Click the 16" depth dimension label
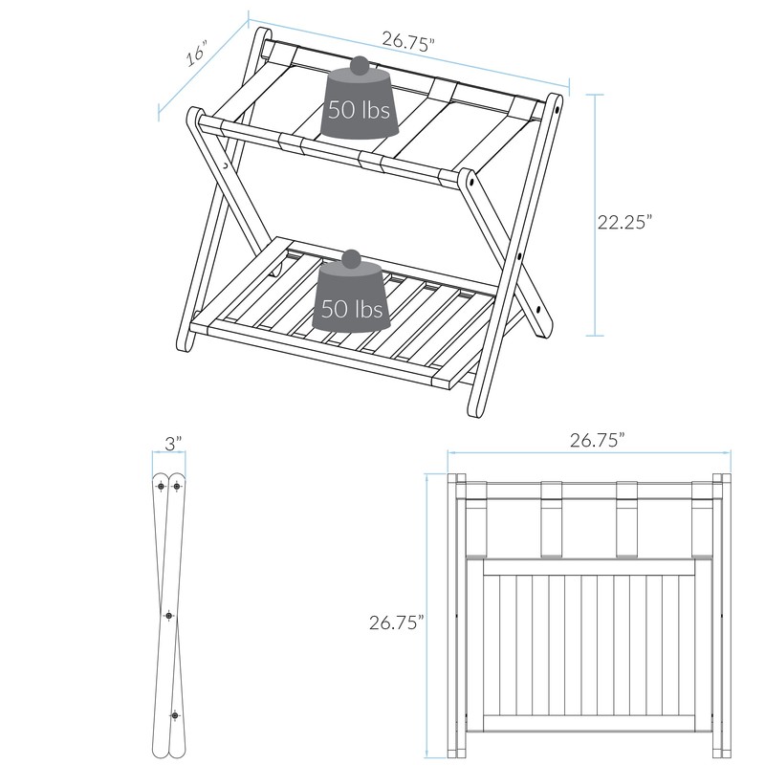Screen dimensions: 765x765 [x=197, y=54]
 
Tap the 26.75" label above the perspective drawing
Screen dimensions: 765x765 [x=408, y=40]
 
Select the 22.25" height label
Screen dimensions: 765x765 [x=624, y=222]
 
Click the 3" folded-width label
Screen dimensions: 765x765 [x=171, y=444]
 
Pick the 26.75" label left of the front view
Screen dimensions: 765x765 [x=397, y=623]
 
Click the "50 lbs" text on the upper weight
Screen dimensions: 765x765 [x=359, y=109]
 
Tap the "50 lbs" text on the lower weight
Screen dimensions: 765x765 [x=352, y=309]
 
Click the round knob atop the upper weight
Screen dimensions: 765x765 [x=360, y=66]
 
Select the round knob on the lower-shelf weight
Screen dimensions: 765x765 [x=353, y=259]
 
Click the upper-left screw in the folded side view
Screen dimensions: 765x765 [x=160, y=486]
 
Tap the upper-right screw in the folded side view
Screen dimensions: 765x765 [x=177, y=486]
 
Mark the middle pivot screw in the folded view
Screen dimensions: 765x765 [x=169, y=617]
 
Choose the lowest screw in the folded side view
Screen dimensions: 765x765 [x=175, y=713]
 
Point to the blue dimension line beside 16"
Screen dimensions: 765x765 [x=205, y=70]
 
